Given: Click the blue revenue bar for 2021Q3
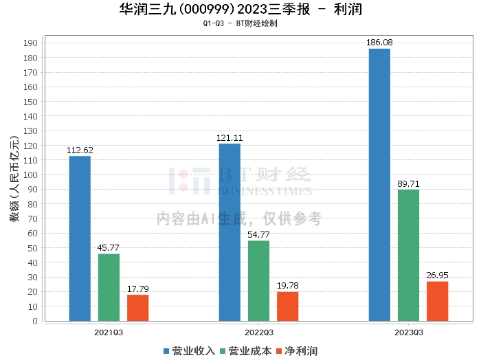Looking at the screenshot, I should click(80, 238).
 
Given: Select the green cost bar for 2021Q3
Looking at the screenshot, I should click(109, 287).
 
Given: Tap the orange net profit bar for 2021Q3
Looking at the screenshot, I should click(137, 308).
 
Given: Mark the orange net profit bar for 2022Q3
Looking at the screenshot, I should click(287, 306).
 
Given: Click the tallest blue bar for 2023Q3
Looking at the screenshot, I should click(379, 185).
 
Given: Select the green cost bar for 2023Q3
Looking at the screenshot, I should click(408, 255).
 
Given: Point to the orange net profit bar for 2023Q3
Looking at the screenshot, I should click(437, 301).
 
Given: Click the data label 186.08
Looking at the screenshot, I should click(379, 43).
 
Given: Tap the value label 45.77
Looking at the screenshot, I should click(109, 248).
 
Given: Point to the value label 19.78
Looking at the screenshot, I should click(287, 286).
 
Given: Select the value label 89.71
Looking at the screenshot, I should click(408, 183).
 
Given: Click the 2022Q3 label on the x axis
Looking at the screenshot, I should click(258, 332).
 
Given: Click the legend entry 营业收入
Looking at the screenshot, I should click(190, 351).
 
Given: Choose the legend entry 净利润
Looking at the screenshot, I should click(297, 351).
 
